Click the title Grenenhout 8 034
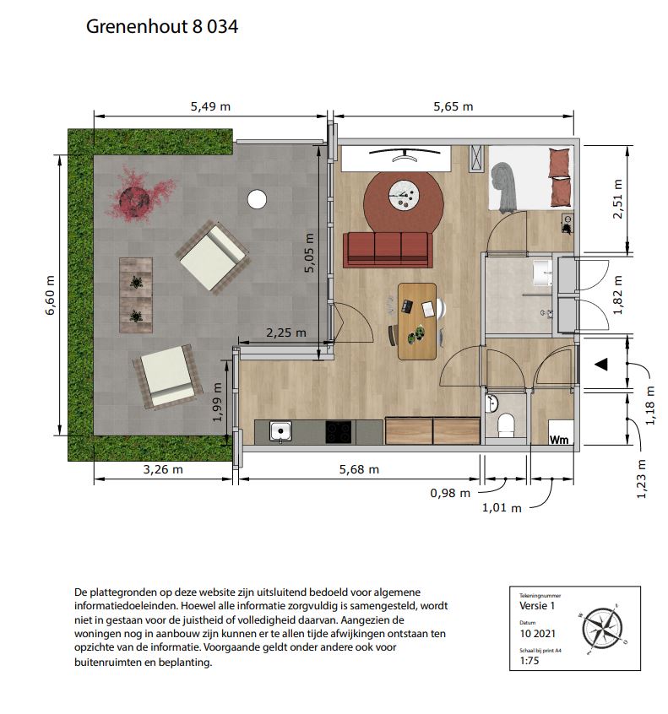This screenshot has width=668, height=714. tap(162, 26)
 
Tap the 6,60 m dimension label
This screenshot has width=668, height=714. tap(50, 295)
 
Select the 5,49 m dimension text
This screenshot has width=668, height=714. tap(210, 106)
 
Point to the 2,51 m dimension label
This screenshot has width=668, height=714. tap(617, 199)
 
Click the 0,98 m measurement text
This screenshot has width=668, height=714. tap(450, 493)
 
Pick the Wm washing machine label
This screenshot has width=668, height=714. tap(559, 440)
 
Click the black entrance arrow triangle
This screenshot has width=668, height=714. tap(602, 364)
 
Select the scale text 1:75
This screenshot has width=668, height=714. tap(530, 660)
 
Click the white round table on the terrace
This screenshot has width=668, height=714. tap(257, 199)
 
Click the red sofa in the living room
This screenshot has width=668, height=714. tap(388, 250)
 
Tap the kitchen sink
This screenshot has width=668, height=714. tap(280, 430)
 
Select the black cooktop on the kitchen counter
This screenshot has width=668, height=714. tap(339, 431)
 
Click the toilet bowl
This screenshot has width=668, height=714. tap(505, 424)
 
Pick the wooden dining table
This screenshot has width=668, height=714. tap(417, 322)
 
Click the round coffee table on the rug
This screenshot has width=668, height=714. tap(404, 194)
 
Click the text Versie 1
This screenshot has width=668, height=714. tap(537, 606)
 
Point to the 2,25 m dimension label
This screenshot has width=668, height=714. tap(286, 333)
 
